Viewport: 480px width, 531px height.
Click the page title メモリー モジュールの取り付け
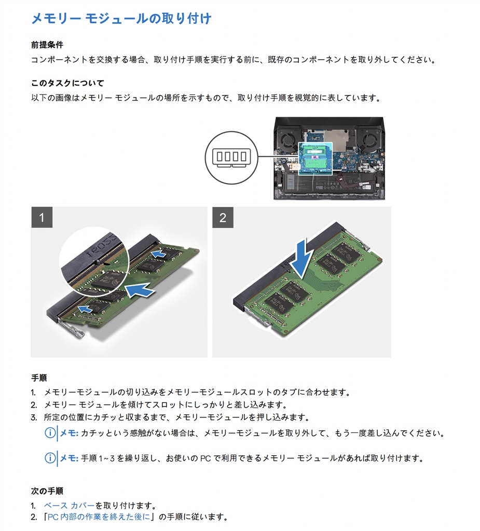point(121,19)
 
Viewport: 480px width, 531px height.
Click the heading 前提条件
point(47,45)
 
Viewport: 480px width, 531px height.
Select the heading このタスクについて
point(67,83)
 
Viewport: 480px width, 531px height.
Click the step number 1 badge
point(42,217)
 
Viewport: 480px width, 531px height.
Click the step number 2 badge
point(223,217)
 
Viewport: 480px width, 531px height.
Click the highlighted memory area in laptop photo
point(316,158)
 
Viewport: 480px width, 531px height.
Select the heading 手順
point(39,378)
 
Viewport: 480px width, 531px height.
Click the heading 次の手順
point(47,491)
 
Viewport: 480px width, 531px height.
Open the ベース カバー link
point(69,506)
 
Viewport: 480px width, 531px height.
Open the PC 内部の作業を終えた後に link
point(99,517)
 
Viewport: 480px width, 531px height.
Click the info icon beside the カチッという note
point(50,433)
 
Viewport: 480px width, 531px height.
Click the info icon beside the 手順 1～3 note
point(50,458)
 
